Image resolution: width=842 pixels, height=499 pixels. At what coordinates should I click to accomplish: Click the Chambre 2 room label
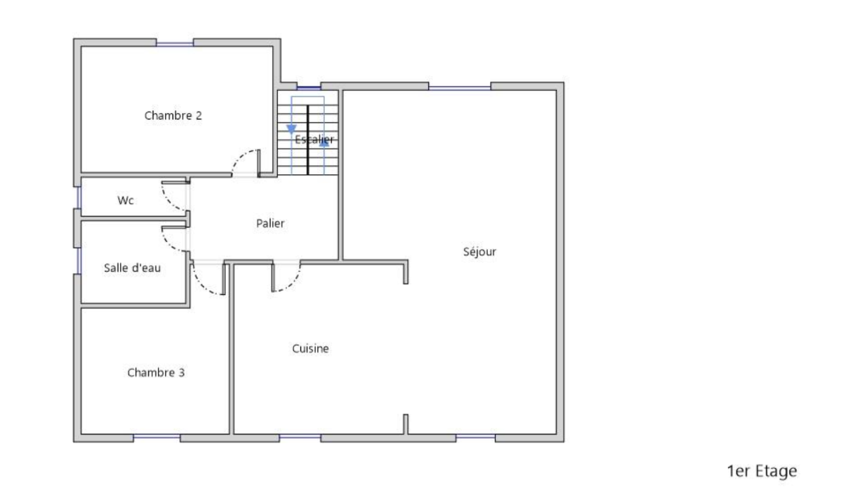pos(173,115)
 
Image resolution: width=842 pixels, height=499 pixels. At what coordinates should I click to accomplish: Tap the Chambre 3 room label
pos(156,373)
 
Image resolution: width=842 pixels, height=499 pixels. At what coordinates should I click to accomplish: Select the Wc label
pos(126,201)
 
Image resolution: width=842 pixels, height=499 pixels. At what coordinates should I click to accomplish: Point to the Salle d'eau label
pos(132,268)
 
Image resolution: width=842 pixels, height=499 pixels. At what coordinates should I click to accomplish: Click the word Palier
pos(270,223)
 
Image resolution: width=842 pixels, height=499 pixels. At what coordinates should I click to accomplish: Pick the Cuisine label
pos(310,348)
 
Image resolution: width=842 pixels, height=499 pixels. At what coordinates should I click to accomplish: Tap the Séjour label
pos(479,251)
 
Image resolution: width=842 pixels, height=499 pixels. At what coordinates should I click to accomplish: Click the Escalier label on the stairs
pos(314,139)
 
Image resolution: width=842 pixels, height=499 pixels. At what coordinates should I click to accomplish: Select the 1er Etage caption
pos(762,471)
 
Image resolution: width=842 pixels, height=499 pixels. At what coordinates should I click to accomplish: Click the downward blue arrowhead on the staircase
pos(292,129)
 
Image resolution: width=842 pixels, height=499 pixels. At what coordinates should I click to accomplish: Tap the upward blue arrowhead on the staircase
pos(324,142)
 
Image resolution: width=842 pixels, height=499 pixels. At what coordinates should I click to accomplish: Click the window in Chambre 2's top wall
pos(175,44)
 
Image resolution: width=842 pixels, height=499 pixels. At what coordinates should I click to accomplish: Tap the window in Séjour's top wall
pos(460,88)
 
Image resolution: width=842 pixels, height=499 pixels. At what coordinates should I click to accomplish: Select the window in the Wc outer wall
pos(78,197)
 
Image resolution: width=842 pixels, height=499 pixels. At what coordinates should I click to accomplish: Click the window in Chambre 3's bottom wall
pos(157,436)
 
